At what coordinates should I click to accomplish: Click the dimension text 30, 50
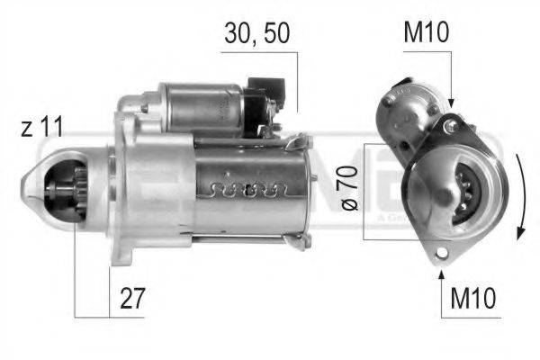pos(256,34)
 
